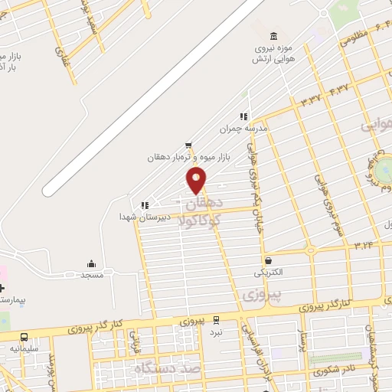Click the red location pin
(197, 180)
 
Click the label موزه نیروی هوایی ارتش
(273, 54)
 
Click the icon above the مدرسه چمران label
(243, 117)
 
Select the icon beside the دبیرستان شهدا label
(144, 205)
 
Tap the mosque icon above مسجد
(92, 263)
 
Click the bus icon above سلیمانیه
(24, 337)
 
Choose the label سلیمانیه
(24, 348)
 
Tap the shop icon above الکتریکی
(268, 261)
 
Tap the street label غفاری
(60, 54)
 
